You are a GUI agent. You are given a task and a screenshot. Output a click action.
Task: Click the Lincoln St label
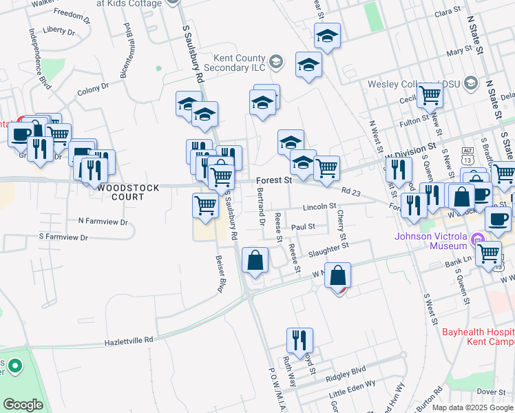pyautogui.click(x=319, y=206)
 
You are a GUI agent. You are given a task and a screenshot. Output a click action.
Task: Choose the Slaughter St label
pyautogui.click(x=328, y=248)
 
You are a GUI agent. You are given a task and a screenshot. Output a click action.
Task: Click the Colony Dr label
pyautogui.click(x=93, y=89)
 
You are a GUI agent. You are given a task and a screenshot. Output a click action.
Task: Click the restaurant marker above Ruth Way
pyautogui.click(x=299, y=339)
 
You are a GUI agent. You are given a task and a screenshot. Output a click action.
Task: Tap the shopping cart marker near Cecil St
pyautogui.click(x=430, y=95)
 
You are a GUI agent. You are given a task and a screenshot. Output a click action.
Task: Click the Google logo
pyautogui.click(x=23, y=405)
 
